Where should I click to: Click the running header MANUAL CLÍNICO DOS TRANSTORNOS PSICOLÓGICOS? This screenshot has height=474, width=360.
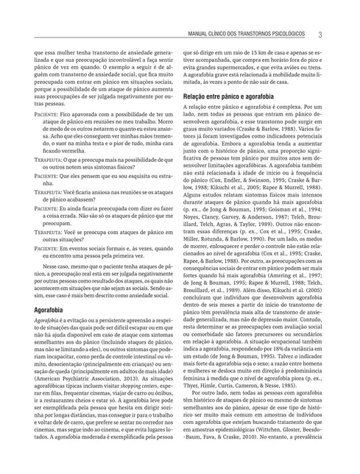[250, 35]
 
